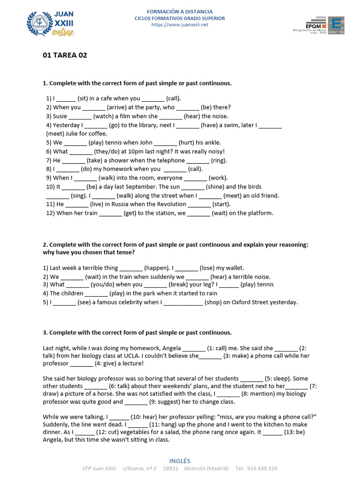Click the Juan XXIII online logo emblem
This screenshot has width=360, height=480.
point(39,23)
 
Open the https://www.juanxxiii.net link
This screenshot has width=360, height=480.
point(180,25)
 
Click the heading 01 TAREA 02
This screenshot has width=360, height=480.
point(65,55)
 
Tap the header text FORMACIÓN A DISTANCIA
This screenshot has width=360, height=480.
point(180,11)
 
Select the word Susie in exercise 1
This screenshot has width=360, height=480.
point(60,116)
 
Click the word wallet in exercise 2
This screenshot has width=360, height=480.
point(233,268)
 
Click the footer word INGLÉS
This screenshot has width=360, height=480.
point(180,461)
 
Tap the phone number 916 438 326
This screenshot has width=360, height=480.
point(263,468)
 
